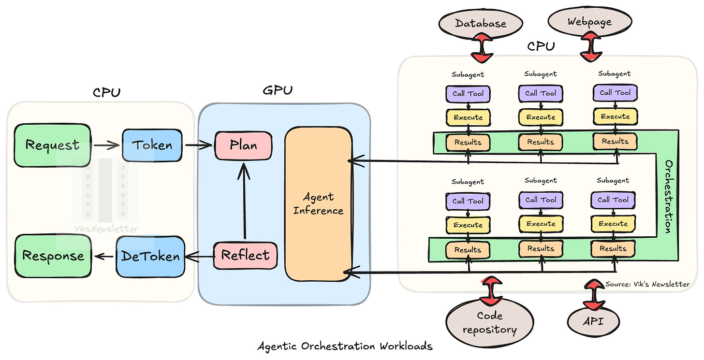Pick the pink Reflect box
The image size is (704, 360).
pyautogui.click(x=246, y=255)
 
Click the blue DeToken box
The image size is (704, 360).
pyautogui.click(x=151, y=256)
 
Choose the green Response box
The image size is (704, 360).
pyautogui.click(x=53, y=256)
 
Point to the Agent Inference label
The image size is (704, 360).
pyautogui.click(x=318, y=203)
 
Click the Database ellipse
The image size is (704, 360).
pyautogui.click(x=480, y=23)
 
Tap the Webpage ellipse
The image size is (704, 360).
pyautogui.click(x=589, y=22)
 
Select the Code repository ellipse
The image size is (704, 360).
pyautogui.click(x=489, y=323)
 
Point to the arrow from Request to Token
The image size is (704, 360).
pyautogui.click(x=106, y=144)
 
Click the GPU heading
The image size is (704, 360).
pyautogui.click(x=278, y=90)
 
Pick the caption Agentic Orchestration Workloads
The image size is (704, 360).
pyautogui.click(x=345, y=346)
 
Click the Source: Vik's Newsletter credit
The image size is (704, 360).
pyautogui.click(x=647, y=284)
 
